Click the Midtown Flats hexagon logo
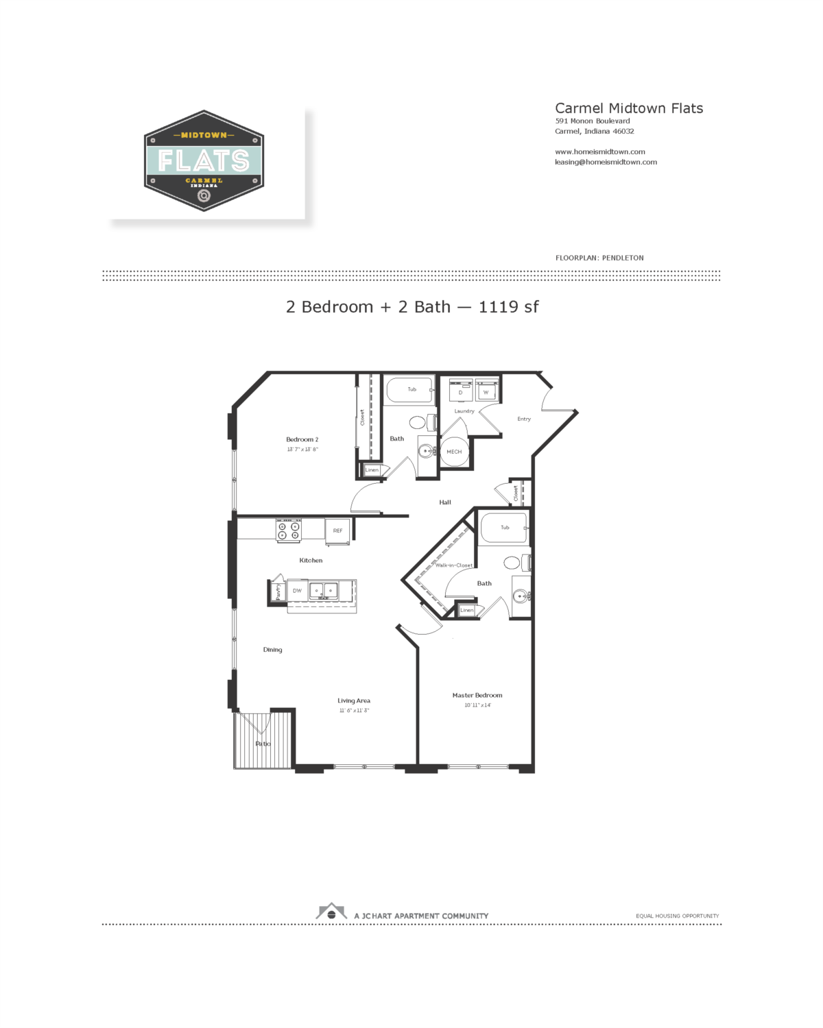pos(204,161)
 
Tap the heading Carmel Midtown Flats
pos(628,108)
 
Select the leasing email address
pos(606,162)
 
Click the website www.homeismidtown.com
pos(599,152)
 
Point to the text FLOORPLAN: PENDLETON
pos(599,258)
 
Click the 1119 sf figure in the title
pos(508,307)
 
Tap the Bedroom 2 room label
pos(302,439)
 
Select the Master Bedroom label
pos(477,695)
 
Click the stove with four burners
pos(288,530)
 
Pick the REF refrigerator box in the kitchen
pos(337,530)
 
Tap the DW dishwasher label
pos(297,590)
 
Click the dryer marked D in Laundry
pos(460,391)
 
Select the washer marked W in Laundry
pos(486,391)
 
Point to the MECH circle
pos(454,452)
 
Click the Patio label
pos(263,744)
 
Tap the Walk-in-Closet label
pos(453,565)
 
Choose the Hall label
pos(445,502)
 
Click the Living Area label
pos(353,700)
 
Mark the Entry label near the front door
pos(524,419)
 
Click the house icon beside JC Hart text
pos(331,912)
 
